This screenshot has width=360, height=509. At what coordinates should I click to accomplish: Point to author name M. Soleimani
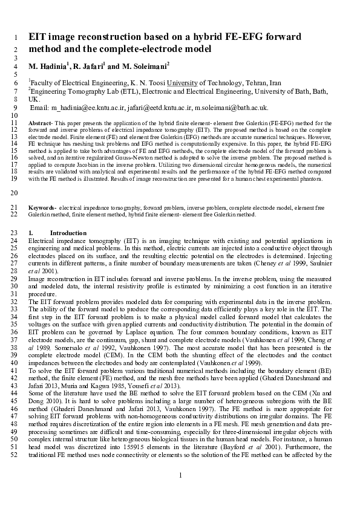point(145,65)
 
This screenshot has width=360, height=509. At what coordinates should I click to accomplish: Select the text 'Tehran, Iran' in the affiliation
point(260,82)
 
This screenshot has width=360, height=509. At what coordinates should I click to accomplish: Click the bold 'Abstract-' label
point(41,123)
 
